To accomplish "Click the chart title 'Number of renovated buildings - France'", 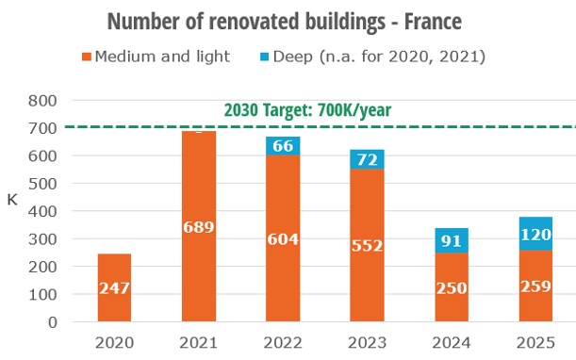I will (288, 21).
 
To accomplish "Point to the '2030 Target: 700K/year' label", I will (306, 109).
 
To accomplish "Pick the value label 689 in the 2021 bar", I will (198, 226).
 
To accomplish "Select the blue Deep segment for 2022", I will (282, 145).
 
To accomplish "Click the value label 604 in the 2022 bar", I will (282, 238).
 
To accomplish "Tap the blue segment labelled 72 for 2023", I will (366, 159).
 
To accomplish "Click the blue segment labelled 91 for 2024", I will (450, 240).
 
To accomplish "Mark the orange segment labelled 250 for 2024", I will (450, 287).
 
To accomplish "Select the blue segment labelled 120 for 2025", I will (534, 234).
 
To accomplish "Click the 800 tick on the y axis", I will (45, 100).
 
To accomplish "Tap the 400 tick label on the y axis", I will (45, 211).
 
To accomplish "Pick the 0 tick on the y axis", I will (53, 322).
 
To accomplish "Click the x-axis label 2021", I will (198, 343).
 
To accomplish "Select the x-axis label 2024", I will (450, 343).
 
